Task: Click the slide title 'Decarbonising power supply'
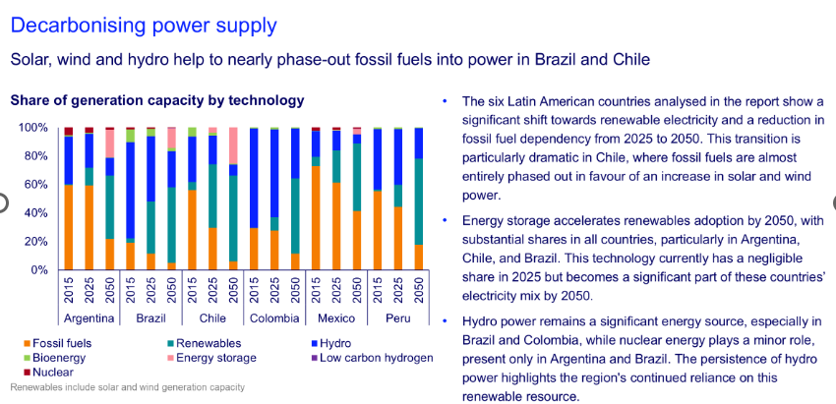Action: click(144, 26)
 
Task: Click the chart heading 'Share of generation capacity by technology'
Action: click(157, 100)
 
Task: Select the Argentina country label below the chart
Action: click(90, 318)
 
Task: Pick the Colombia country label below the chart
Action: click(274, 318)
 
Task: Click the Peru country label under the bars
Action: click(397, 318)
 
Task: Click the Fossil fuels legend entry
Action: click(57, 343)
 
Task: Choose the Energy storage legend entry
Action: click(211, 358)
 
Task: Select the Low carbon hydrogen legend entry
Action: click(372, 358)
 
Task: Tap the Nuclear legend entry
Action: click(48, 372)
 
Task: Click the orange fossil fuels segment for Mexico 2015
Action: click(316, 218)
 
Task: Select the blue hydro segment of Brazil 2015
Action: click(130, 191)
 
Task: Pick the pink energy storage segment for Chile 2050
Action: click(233, 145)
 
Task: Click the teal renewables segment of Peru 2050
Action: click(419, 202)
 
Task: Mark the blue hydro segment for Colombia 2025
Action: click(274, 173)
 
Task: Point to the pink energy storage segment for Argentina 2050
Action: click(110, 144)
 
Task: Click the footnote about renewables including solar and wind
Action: click(128, 387)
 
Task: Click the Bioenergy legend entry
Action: click(54, 358)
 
